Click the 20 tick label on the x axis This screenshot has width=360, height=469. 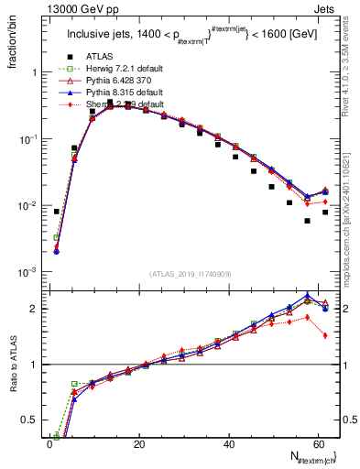pos(139,444)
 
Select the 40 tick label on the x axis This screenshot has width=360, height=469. pos(229,444)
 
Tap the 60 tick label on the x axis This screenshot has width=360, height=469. pos(319,444)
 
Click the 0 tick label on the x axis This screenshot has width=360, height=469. pos(49,444)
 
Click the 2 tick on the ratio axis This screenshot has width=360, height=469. pos(37,309)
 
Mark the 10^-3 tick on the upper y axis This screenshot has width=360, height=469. pos(29,273)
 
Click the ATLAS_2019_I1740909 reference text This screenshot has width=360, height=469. pos(191,274)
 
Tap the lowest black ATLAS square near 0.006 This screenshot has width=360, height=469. pos(307,221)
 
